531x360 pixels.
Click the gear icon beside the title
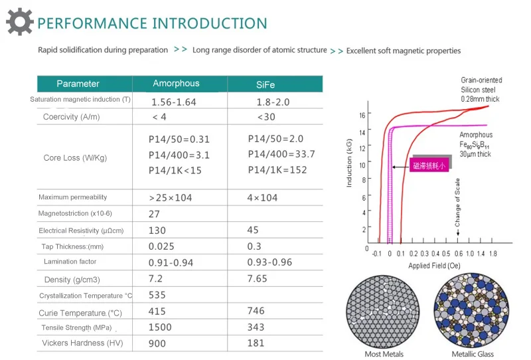coord(19,22)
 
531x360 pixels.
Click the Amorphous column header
coord(176,84)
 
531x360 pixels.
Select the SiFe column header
coord(265,84)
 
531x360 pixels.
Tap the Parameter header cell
coord(78,84)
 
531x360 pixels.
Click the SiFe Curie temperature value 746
coord(256,311)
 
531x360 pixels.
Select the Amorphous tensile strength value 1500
coord(160,327)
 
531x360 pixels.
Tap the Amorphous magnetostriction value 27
coord(154,214)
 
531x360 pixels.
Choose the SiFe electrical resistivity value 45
coord(252,230)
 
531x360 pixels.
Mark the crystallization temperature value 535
coord(157,295)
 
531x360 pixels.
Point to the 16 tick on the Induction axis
coord(362,115)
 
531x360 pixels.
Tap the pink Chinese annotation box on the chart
coord(429,166)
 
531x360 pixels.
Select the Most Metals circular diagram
coord(386,311)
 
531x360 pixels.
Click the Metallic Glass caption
coord(473,354)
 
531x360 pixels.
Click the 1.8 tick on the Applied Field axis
coord(493,254)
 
